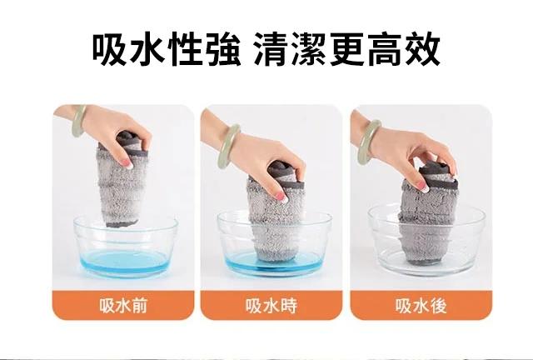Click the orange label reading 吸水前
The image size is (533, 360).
[123, 305]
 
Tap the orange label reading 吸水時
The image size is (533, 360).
[271, 305]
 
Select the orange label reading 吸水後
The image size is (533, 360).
[421, 305]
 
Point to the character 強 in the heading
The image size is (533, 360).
[222, 49]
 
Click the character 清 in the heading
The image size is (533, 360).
[271, 49]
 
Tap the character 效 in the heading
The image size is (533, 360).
[422, 49]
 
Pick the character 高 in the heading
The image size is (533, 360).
[385, 49]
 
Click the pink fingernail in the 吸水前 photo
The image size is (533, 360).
[128, 164]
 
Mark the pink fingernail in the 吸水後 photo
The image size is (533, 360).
[421, 186]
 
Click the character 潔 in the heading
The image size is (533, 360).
[309, 49]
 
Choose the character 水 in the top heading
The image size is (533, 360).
[147, 49]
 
